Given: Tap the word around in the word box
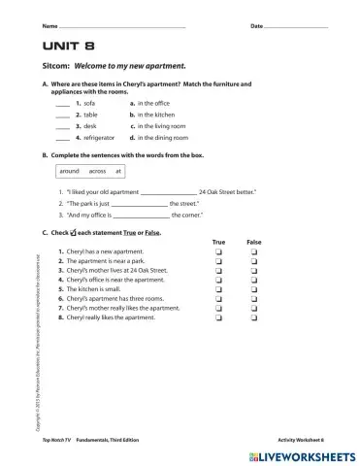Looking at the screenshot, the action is pyautogui.click(x=73, y=171).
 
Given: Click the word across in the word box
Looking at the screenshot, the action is pyautogui.click(x=97, y=171).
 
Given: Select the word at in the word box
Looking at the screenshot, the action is pyautogui.click(x=118, y=171).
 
